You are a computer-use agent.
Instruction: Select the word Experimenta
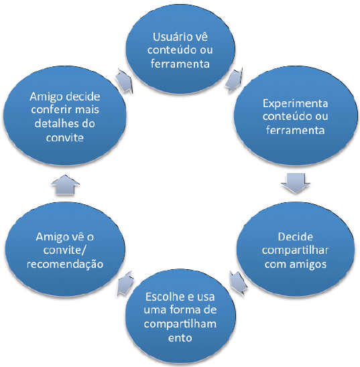(295, 104)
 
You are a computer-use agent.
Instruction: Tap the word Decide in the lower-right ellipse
(295, 237)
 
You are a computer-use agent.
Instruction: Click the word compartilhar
(295, 250)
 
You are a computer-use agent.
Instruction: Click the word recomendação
(65, 265)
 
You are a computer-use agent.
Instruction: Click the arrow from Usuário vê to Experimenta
(234, 80)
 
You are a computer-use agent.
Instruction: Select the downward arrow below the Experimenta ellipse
(296, 183)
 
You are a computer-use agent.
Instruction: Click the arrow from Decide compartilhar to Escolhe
(238, 283)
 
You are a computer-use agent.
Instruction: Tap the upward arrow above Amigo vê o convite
(65, 185)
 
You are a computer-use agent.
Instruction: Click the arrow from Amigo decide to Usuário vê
(124, 80)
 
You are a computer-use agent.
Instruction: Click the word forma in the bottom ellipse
(184, 310)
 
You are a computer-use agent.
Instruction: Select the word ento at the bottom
(180, 338)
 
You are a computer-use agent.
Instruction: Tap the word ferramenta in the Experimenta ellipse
(295, 130)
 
